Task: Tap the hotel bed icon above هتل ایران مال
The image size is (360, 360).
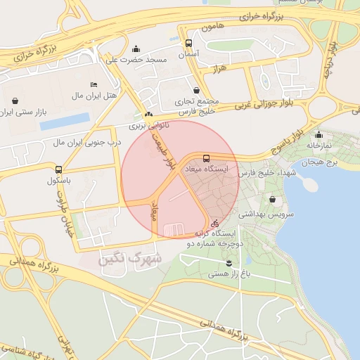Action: (x=94, y=84)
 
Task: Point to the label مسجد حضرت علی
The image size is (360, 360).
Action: (x=136, y=60)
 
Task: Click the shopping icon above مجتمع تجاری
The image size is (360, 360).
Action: (x=204, y=90)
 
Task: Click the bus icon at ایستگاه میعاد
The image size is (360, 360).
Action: (x=205, y=159)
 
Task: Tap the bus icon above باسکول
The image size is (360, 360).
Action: (x=58, y=169)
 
